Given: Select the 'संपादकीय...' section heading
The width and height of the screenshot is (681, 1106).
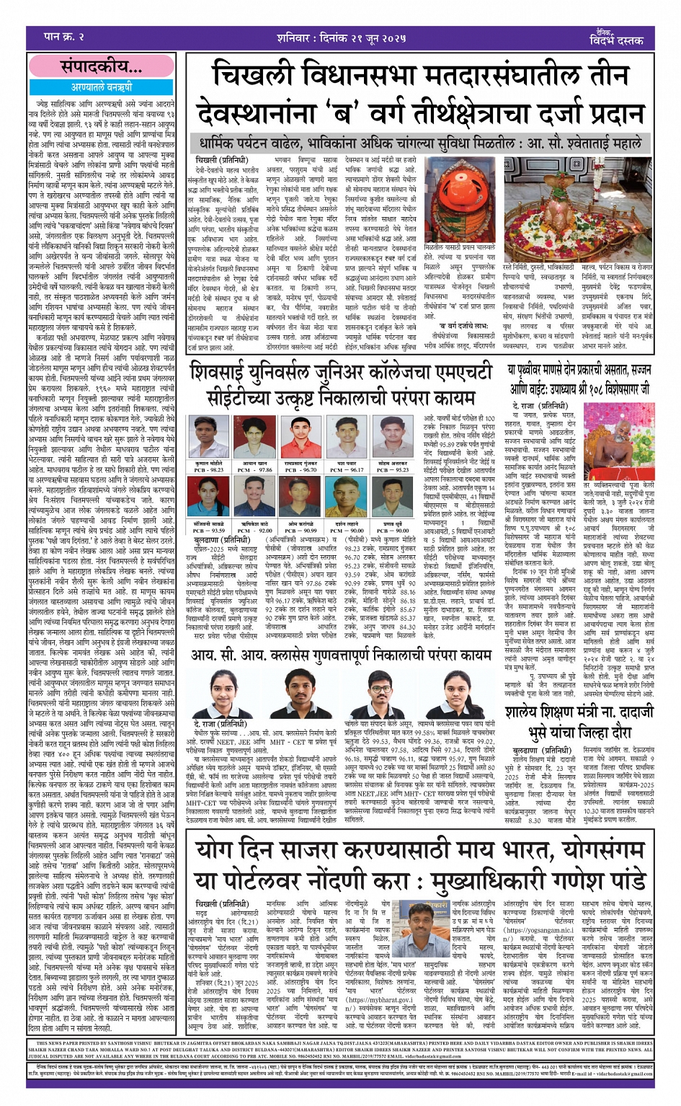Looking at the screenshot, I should click(101, 67).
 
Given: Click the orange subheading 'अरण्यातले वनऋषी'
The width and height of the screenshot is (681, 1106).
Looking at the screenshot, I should click(101, 87).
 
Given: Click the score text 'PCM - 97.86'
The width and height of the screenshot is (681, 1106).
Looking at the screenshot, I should click(255, 469).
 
